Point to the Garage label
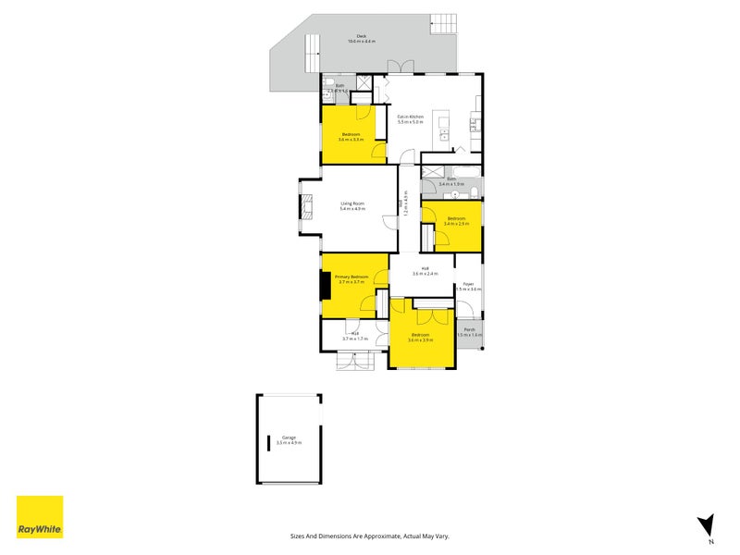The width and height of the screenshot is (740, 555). click(x=289, y=440)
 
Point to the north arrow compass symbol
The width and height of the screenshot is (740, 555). click(x=706, y=524)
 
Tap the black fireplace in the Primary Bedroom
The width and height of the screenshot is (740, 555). click(x=325, y=285)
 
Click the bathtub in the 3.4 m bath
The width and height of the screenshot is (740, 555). click(x=462, y=171)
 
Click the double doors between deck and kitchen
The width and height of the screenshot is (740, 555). click(x=401, y=67)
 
